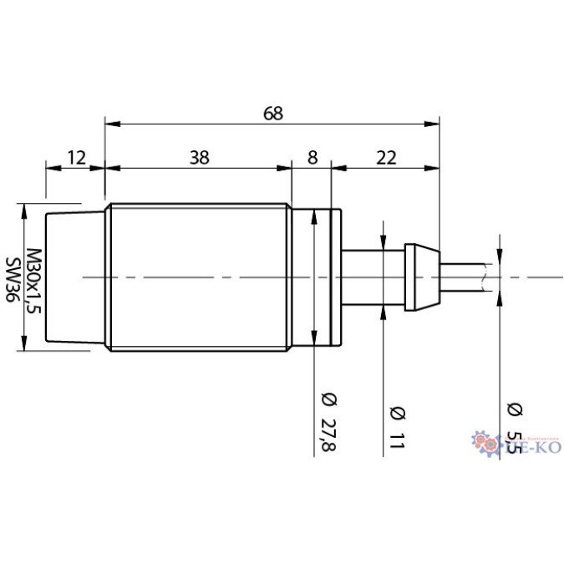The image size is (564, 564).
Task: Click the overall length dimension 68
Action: pos(272,114)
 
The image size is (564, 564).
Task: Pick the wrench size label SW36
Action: pos(13,279)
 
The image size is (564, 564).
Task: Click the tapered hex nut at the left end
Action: pos(75,277)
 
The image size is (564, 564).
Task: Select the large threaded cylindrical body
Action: pos(198,277)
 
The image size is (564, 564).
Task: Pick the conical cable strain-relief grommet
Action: pos(422,277)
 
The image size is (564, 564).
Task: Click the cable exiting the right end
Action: pos(464,277)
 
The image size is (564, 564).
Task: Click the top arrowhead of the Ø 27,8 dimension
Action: pos(314,215)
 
